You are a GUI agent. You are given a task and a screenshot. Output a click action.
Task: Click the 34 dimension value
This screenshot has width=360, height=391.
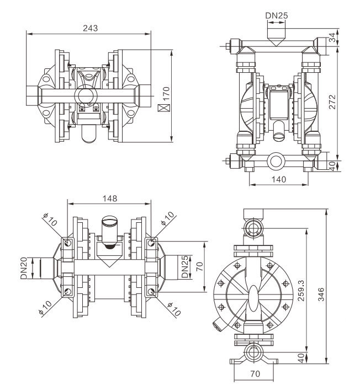(346, 38)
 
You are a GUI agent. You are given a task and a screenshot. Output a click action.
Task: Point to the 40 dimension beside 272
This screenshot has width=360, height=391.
(346, 164)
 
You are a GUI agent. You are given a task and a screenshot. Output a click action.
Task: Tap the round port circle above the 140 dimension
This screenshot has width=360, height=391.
(276, 162)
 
